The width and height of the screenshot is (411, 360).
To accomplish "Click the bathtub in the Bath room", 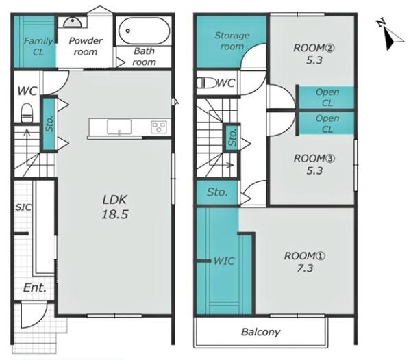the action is point(144,31).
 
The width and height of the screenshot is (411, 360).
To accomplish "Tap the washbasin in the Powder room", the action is point(73,22).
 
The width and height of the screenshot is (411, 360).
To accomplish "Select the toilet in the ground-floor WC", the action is point(27,112).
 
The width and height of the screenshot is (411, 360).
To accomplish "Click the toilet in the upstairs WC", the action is point(206,83).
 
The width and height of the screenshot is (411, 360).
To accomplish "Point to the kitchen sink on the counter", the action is point(119,127).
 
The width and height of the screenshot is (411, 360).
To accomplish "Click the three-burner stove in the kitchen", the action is point(159,127).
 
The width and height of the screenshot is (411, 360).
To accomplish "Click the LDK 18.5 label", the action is point(115,207).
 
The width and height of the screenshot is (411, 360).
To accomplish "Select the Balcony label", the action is point(260,332).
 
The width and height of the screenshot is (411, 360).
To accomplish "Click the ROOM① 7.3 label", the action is point(305,262).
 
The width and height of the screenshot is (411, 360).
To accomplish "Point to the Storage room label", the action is point(232,41).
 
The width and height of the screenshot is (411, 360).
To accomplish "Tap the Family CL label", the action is point(38,47).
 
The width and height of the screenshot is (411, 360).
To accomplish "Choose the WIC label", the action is point(224,261).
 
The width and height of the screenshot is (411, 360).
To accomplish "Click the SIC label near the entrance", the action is point(23,207).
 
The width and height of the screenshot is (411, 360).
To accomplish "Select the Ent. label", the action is point(35,288).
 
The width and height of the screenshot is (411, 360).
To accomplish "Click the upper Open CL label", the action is point(327,97).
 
